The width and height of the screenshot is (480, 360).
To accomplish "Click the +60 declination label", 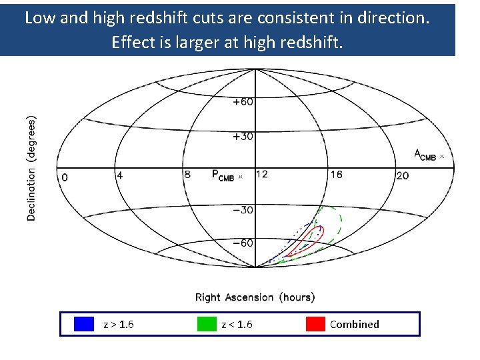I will coord(243,102).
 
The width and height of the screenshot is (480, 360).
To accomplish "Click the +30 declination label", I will coord(243,137).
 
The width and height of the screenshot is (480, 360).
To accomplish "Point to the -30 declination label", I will coord(243,210).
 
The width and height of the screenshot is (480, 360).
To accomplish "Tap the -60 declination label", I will coord(243,243).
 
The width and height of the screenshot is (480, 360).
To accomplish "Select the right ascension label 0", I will coord(64,177).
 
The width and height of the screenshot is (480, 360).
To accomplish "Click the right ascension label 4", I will coord(119,175).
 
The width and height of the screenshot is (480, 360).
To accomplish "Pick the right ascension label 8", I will coord(187,175).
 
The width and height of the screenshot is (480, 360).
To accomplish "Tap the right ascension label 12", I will coord(261,174).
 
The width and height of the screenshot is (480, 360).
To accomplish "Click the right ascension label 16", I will coord(336,174).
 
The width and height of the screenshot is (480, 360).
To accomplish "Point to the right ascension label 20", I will coord(402,175).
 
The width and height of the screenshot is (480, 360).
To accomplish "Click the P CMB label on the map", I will coord(223,175).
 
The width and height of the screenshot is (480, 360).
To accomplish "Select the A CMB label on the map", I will coord(425,155).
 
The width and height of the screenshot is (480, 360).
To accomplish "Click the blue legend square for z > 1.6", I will coord(84,324).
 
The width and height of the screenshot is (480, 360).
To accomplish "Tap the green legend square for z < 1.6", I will coord(207,324).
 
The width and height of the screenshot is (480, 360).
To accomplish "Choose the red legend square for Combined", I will coord(315,324).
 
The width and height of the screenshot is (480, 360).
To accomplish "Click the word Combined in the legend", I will coord(354,325).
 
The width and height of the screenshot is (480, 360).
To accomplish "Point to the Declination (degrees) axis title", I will coord(31,168).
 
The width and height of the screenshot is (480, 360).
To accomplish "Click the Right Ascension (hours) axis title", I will coord(255,297).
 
